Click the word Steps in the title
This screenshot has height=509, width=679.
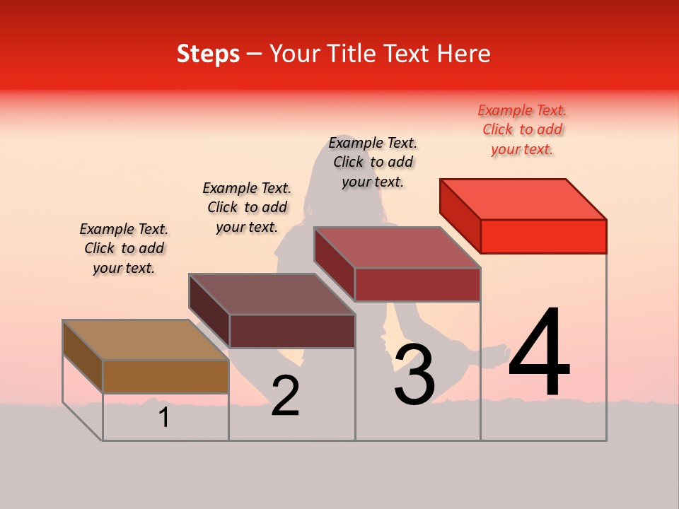208,54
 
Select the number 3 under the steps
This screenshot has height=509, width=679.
414,375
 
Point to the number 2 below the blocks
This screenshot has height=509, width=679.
285,396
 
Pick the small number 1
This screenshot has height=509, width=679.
164,418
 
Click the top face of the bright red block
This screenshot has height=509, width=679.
523,199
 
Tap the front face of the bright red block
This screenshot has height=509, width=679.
543,236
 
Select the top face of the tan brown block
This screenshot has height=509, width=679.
145,340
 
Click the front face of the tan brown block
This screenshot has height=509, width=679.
166,376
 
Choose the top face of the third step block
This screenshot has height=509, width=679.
397,247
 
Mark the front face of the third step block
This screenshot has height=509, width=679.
417,284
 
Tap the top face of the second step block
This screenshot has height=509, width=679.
272,294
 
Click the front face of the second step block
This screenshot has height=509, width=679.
291,331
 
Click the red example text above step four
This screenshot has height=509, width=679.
522,129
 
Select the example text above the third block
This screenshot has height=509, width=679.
373,162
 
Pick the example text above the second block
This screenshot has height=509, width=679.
247,207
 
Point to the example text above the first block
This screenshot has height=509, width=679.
124,248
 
